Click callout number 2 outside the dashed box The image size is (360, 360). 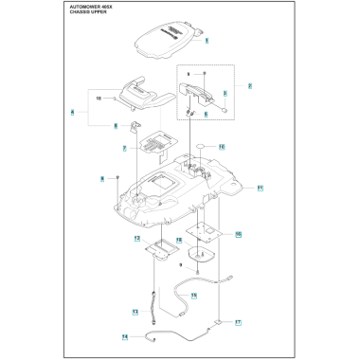(x=249, y=85)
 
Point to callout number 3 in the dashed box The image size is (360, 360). (x=225, y=94)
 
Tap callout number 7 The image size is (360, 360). (x=126, y=149)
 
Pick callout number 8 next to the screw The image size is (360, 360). (x=101, y=177)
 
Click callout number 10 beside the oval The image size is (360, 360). (x=221, y=147)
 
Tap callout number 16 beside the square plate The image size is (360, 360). (x=239, y=233)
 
